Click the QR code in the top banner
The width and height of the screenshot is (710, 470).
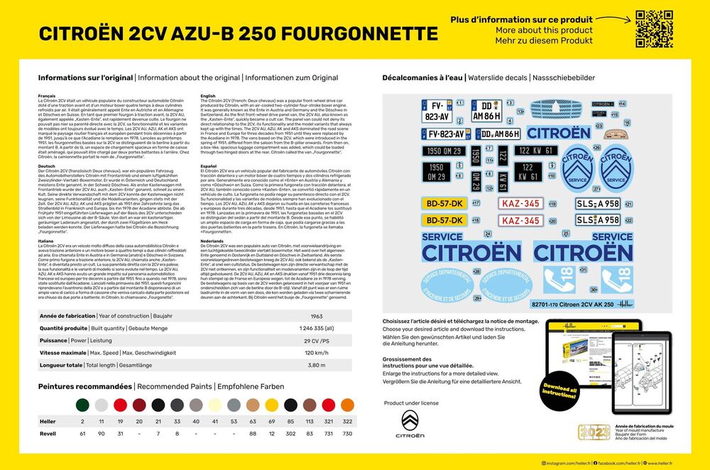654,30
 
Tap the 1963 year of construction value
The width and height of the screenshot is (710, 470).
317,315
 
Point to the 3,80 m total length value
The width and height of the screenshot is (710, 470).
317,365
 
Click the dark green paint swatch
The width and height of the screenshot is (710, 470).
82,405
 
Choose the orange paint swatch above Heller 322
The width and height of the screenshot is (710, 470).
348,405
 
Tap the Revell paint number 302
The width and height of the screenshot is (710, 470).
290,433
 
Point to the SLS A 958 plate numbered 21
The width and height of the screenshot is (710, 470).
597,202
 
